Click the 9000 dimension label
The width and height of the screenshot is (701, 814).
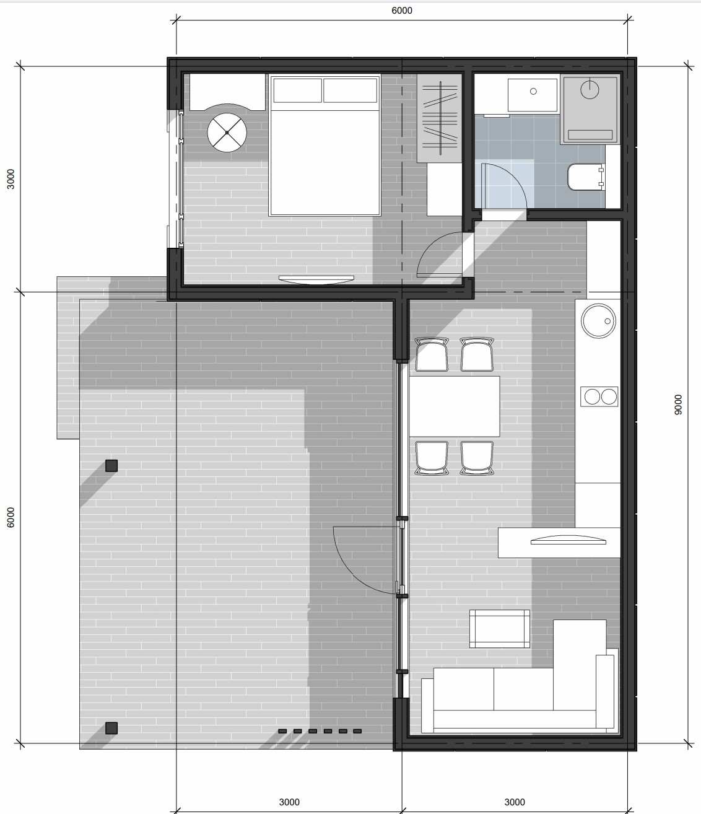677,405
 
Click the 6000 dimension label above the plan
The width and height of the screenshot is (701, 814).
402,11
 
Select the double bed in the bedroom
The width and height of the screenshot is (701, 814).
324,146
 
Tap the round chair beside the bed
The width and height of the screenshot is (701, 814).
227,133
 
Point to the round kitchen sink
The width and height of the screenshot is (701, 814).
598,320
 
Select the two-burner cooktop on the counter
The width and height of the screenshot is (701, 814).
599,396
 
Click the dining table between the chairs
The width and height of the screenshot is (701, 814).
454,406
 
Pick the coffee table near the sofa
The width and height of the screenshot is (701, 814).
500,629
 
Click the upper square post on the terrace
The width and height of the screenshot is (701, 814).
111,466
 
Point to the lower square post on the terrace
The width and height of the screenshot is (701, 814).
111,728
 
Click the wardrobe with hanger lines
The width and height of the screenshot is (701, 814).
440,118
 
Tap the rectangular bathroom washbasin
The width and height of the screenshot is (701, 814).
533,95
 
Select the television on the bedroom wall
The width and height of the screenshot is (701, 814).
316,279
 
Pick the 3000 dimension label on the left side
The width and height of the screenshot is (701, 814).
11,179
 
